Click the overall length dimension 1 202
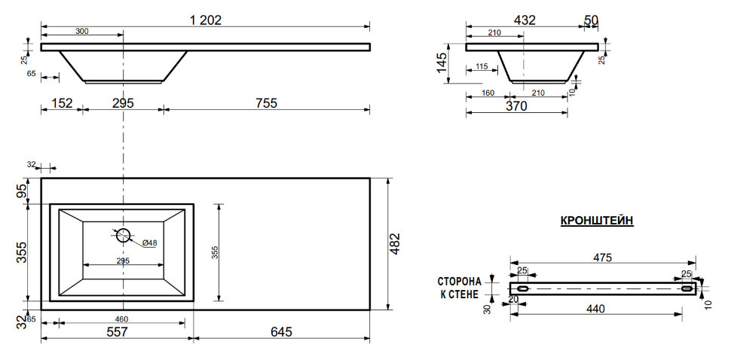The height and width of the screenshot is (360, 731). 206,20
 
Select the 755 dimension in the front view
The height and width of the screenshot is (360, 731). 267,103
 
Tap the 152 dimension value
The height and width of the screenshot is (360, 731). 62,103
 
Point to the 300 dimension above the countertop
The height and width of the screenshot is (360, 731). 81,31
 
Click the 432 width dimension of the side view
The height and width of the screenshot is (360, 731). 525,20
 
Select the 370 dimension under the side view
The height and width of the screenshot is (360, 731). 516,106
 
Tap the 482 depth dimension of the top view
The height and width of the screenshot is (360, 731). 395,243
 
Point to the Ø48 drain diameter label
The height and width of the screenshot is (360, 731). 149,243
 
